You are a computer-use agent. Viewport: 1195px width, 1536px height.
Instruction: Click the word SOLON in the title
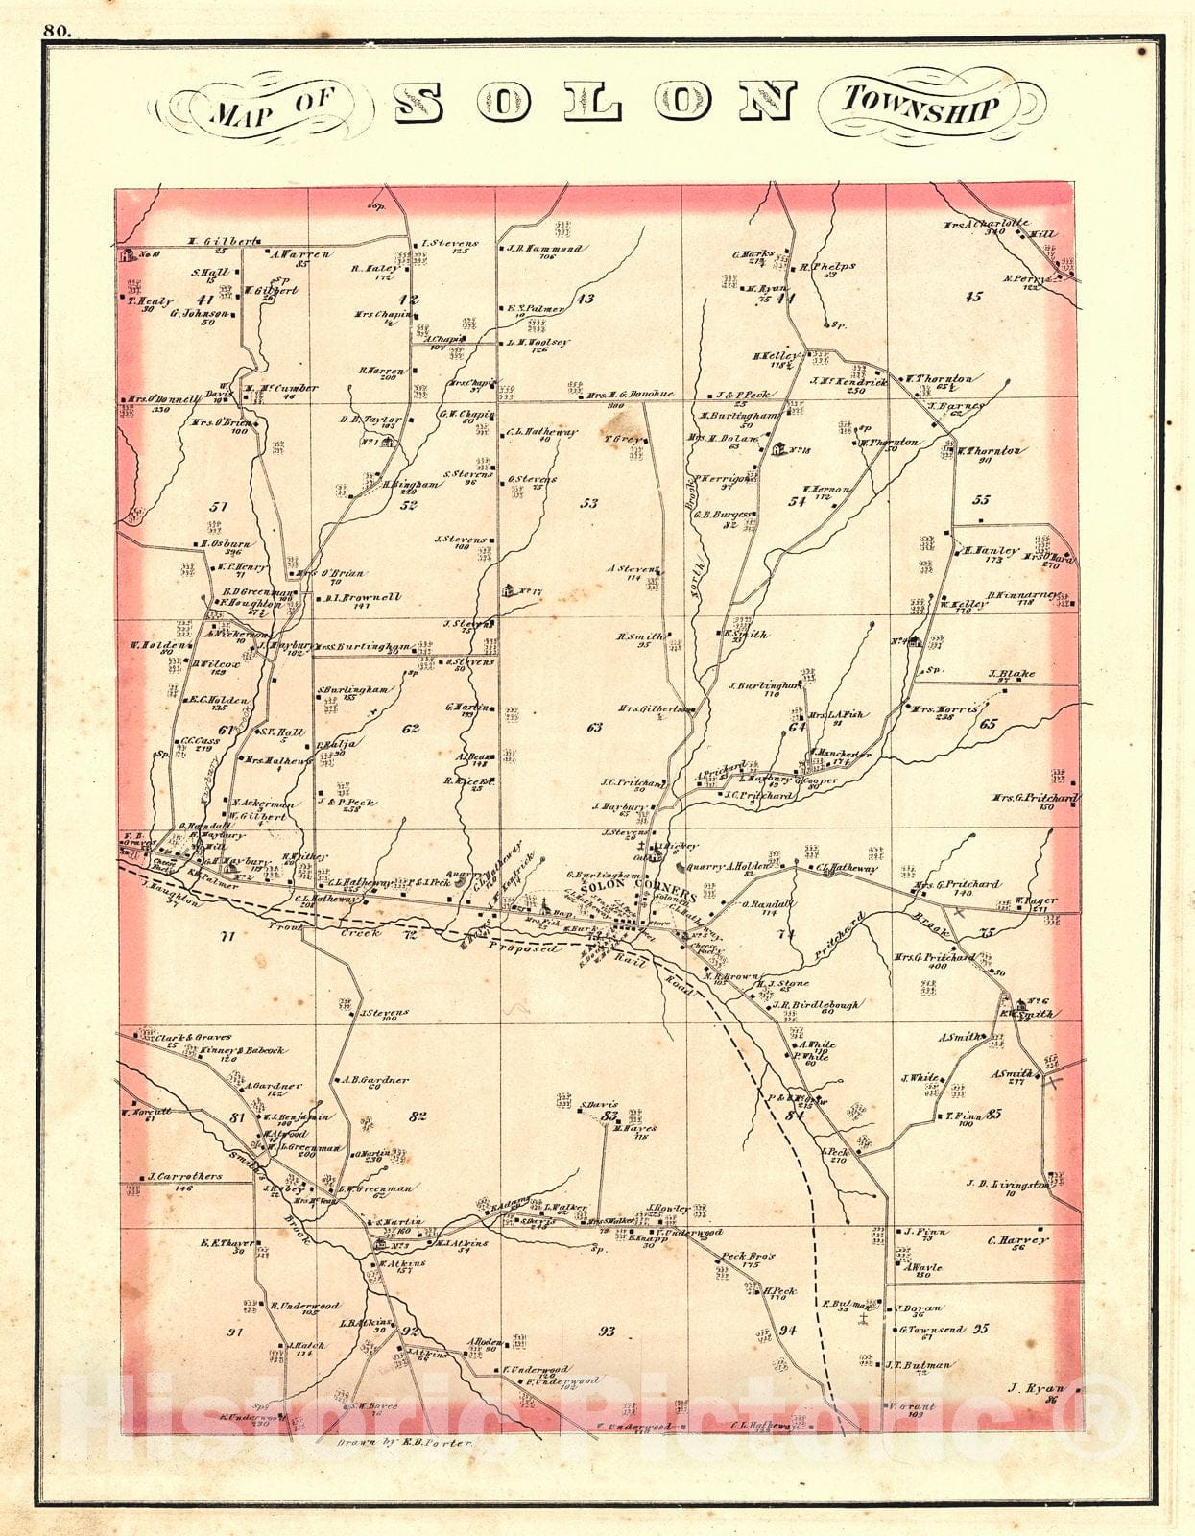(x=596, y=102)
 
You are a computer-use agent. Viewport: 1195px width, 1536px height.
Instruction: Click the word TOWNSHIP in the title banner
(x=921, y=103)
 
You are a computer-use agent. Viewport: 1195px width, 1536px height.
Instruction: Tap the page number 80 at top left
(x=57, y=30)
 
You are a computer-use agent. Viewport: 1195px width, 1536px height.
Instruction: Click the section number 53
(x=589, y=502)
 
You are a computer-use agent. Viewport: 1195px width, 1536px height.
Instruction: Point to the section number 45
(x=973, y=297)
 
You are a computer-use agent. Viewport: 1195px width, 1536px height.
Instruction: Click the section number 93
(x=607, y=1332)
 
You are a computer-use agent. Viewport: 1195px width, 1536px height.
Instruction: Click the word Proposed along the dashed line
(x=522, y=948)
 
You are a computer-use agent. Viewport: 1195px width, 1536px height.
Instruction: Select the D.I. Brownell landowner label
(x=363, y=597)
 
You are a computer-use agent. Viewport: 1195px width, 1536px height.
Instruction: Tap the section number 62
(x=411, y=729)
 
